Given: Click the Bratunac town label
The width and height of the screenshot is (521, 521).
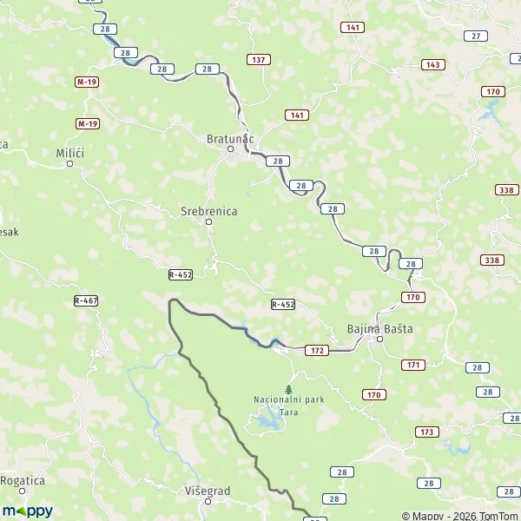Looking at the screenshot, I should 231,138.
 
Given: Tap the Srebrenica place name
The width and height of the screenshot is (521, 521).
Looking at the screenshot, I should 208,210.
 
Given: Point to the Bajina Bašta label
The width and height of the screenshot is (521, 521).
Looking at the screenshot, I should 379,329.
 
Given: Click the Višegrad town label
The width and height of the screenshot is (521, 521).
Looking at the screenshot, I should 208,491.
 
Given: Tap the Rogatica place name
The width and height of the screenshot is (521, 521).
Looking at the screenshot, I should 22,479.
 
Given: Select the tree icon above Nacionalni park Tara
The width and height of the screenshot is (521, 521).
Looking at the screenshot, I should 288,388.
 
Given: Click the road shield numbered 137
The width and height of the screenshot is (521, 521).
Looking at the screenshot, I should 258,59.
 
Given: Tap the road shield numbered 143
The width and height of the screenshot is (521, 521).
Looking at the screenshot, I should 432,65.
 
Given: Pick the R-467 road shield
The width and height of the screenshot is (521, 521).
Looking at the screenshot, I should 86,300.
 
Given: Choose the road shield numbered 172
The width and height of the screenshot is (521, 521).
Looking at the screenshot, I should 317,350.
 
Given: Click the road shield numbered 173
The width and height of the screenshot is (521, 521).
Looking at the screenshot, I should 426,432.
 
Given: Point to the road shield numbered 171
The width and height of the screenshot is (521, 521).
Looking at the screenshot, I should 412,365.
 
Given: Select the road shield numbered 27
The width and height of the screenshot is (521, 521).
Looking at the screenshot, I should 475,36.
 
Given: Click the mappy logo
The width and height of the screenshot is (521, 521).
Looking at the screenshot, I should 27,511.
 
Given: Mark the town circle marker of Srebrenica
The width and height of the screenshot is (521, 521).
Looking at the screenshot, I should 208,222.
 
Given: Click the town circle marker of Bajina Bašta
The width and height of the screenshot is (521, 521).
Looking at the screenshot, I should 379,340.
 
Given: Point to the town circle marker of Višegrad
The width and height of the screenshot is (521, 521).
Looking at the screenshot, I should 208,502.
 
